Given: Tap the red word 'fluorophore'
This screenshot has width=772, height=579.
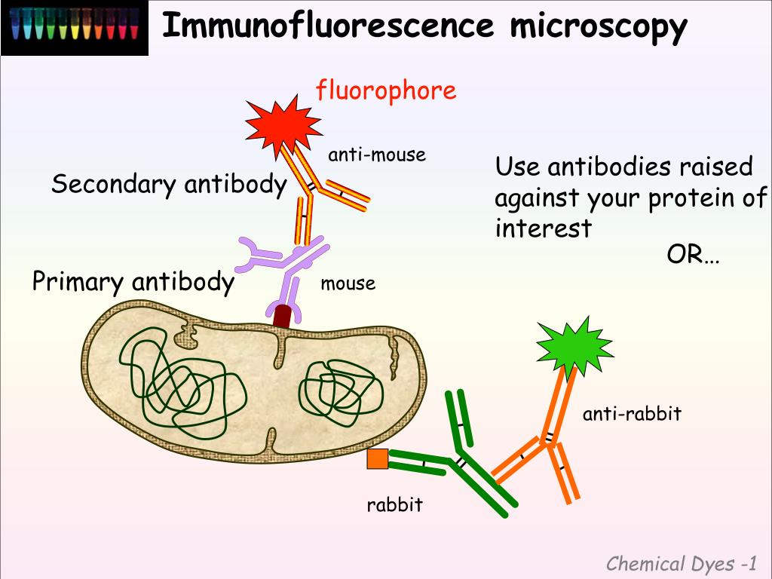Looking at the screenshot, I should point(386,90).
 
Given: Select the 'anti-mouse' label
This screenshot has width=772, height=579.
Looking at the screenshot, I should point(376,155).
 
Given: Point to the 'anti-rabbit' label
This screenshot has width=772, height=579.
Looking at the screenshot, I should point(632,413).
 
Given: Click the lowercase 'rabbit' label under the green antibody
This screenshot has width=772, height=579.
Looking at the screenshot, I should point(394,504).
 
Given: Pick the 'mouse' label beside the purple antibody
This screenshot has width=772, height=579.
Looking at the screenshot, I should point(348,284).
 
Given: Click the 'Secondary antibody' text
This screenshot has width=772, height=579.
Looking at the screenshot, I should point(169,185).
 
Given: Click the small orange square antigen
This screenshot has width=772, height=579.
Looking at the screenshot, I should point(378,459).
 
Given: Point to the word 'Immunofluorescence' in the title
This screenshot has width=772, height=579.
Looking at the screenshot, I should point(328,27).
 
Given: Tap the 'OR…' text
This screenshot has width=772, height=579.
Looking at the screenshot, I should point(693,256).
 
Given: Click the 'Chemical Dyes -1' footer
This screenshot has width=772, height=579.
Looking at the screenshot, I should point(682,563).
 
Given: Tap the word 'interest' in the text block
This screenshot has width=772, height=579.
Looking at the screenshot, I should point(543,228).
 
